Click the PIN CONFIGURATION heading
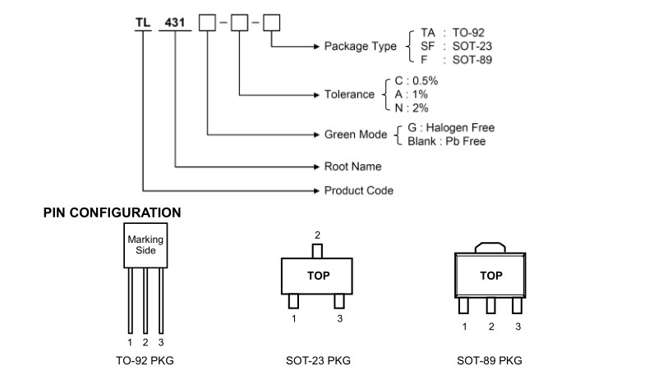coord(112,212)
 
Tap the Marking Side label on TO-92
coord(145,244)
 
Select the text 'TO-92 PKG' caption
coord(145,360)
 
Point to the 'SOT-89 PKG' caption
coord(490,360)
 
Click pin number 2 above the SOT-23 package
coord(318,235)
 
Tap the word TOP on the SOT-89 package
coord(490,276)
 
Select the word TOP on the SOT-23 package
coord(318,276)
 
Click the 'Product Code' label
coord(358,190)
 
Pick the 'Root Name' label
coord(352,167)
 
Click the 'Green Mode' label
coord(356,134)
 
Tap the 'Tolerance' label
coord(349,95)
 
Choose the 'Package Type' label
coord(361,47)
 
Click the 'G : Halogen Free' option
coord(450,128)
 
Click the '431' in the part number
coord(176,22)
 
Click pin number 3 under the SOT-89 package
coord(518,326)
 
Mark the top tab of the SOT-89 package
coord(490,245)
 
